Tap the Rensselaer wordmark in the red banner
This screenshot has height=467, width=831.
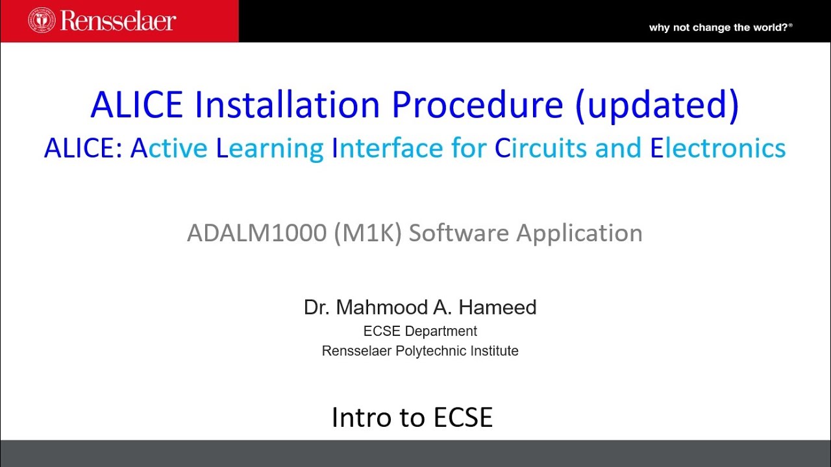click(118, 20)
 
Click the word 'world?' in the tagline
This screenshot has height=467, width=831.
click(771, 27)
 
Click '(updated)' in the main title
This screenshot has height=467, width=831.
click(656, 104)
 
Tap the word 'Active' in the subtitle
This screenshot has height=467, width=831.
click(169, 149)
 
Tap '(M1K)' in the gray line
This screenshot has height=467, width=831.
click(368, 233)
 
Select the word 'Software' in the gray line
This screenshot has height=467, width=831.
click(458, 233)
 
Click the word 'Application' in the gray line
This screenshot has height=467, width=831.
click(579, 233)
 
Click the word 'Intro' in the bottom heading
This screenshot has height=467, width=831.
click(358, 417)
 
